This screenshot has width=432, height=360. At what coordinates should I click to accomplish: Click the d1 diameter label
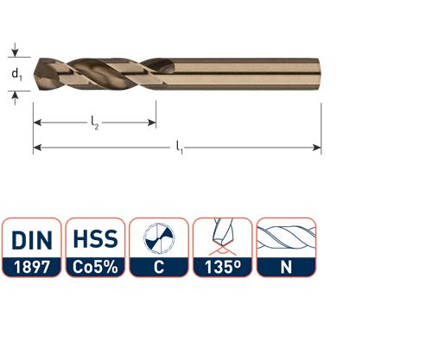(x=16, y=75)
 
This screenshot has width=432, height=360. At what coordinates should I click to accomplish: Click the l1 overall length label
(x=179, y=149)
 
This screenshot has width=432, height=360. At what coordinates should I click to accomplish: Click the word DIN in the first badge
(x=31, y=237)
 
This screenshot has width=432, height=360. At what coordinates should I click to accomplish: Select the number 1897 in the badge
(x=31, y=266)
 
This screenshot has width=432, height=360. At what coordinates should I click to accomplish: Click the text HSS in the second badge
(x=95, y=237)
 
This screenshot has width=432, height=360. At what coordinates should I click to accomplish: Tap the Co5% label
(x=95, y=266)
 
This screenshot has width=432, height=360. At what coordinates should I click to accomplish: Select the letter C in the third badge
(x=159, y=266)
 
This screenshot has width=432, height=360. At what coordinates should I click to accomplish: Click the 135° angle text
(x=223, y=266)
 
